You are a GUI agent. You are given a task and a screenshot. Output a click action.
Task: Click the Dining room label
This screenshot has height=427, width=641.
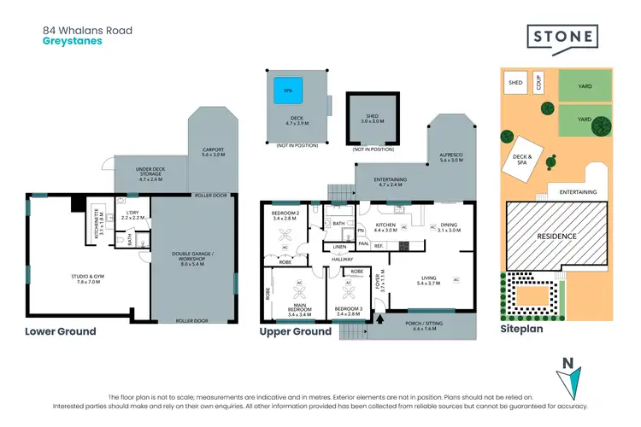pyautogui.click(x=449, y=226)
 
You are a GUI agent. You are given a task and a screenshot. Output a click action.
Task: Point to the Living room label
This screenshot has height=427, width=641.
pyautogui.click(x=427, y=280)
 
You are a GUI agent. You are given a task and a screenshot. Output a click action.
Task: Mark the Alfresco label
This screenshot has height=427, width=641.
pyautogui.click(x=451, y=156)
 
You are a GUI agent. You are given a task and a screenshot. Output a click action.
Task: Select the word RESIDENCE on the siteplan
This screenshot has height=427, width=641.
pyautogui.click(x=556, y=236)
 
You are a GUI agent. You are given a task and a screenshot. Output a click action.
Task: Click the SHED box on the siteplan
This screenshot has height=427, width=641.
pyautogui.click(x=515, y=83)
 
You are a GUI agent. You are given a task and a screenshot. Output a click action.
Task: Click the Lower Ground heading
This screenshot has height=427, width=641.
pyautogui.click(x=60, y=331)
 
